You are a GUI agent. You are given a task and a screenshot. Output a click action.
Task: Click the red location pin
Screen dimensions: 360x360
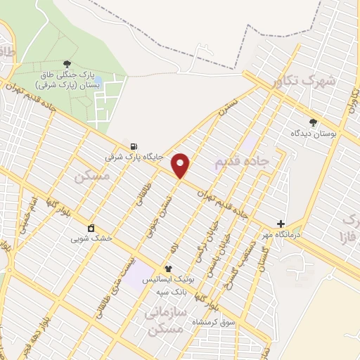click(x=181, y=165)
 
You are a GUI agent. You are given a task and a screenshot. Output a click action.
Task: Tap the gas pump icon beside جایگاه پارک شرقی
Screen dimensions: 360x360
click(x=134, y=146)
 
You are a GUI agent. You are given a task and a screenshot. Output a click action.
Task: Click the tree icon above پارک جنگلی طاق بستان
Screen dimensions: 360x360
click(x=67, y=64)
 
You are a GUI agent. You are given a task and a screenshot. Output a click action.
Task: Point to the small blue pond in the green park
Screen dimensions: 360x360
click(x=97, y=81)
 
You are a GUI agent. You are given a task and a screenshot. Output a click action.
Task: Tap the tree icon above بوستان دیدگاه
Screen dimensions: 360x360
click(x=313, y=122)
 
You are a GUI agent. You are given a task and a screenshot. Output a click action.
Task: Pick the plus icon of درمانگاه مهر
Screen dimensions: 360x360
click(x=281, y=223)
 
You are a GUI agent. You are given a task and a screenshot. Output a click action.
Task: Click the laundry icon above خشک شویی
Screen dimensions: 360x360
click(x=91, y=228)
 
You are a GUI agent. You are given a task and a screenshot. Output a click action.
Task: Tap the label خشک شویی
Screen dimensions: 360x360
click(x=91, y=238)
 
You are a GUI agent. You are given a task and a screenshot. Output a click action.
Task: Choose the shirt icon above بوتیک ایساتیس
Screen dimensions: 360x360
click(x=168, y=269)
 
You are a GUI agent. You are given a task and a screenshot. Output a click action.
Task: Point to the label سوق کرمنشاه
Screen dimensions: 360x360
click(x=212, y=321)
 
